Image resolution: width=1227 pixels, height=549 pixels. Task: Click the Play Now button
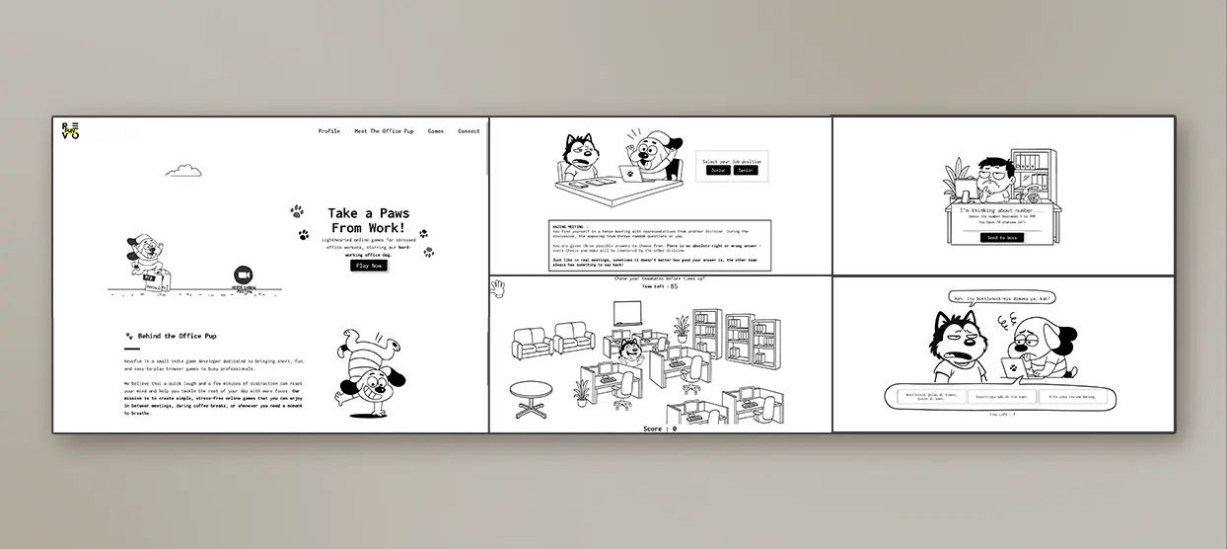pyautogui.click(x=369, y=266)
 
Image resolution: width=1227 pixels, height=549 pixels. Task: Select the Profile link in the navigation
pyautogui.click(x=328, y=131)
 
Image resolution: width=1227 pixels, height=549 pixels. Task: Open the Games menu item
pyautogui.click(x=435, y=131)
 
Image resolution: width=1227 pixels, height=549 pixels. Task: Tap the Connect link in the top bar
pyautogui.click(x=469, y=131)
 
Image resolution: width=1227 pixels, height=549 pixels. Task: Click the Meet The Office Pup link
pyautogui.click(x=384, y=131)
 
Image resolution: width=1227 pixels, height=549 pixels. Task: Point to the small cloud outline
pyautogui.click(x=183, y=171)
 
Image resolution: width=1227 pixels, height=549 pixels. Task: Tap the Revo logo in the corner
pyautogui.click(x=70, y=130)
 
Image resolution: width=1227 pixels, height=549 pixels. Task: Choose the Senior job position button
pyautogui.click(x=746, y=171)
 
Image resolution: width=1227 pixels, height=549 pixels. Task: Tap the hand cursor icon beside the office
pyautogui.click(x=499, y=288)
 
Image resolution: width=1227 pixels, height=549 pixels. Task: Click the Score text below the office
pyautogui.click(x=659, y=429)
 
